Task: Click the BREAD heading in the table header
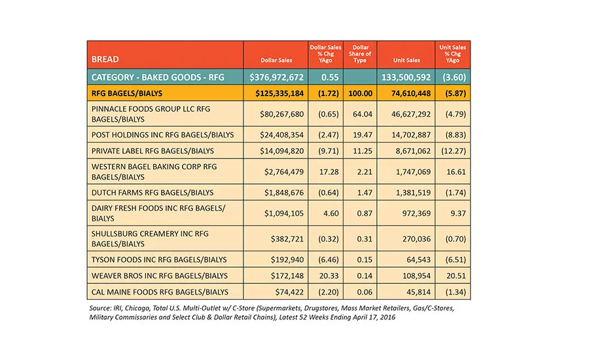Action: pos(105,60)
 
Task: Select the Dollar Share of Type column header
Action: pos(360,54)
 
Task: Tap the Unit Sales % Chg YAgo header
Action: pos(453,54)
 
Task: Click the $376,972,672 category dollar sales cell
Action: pos(276,77)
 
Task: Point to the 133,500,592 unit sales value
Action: pos(406,77)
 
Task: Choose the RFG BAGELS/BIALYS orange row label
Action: pos(127,93)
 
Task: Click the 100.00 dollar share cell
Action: pos(360,93)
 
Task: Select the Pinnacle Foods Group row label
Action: pos(151,114)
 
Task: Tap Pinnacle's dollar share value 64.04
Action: pos(363,114)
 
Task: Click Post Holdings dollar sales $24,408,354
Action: pos(281,135)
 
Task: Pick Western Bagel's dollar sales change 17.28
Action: pos(329,171)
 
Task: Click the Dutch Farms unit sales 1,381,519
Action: pos(413,192)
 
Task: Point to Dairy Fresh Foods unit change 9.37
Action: pos(458,213)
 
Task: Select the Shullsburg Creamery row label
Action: pos(150,239)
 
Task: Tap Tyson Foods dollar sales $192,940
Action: pos(287,259)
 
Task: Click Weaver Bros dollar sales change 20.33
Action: pos(329,276)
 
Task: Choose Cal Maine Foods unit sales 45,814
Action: pos(418,292)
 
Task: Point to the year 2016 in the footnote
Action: pos(387,317)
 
